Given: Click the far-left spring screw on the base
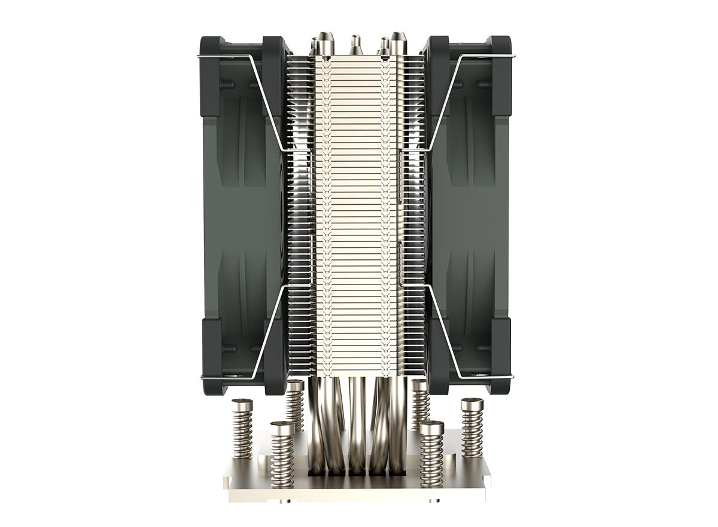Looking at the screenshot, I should tap(242, 428).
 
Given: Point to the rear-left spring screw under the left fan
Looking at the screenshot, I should tap(294, 404).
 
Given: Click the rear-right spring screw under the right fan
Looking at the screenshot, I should tap(420, 404).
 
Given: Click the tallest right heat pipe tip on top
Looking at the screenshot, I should tap(398, 44).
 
